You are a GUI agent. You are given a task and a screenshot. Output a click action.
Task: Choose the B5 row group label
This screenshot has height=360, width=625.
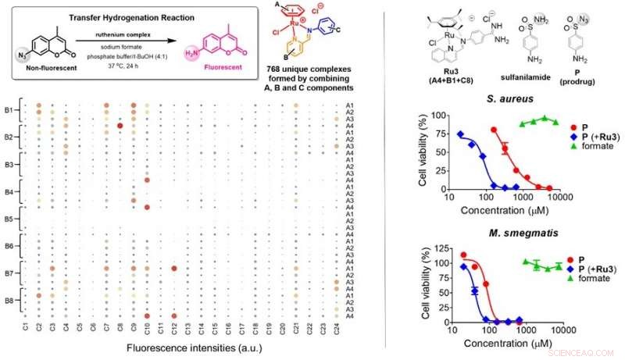pyautogui.click(x=10, y=218)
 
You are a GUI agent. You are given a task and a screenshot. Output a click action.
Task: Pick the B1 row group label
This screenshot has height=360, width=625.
pyautogui.click(x=10, y=110)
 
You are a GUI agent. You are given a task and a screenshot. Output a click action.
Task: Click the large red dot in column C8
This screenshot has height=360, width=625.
pyautogui.click(x=120, y=125)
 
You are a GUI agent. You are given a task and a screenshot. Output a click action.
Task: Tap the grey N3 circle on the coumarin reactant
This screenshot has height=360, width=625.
pyautogui.click(x=23, y=55)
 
